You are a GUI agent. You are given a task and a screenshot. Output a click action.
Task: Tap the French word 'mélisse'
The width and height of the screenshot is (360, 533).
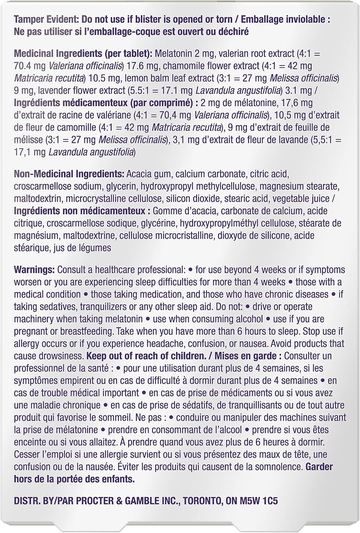pos(28,140)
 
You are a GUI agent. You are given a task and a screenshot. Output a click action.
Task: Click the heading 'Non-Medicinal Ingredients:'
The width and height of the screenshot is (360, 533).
pos(69,174)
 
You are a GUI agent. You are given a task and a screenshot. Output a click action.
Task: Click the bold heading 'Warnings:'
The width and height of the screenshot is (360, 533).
pos(34,270)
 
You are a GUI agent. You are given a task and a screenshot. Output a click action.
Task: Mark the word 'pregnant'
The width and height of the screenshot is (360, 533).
pos(33,332)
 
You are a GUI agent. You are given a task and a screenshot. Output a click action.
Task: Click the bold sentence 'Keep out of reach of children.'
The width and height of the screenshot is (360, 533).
pos(146,356)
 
